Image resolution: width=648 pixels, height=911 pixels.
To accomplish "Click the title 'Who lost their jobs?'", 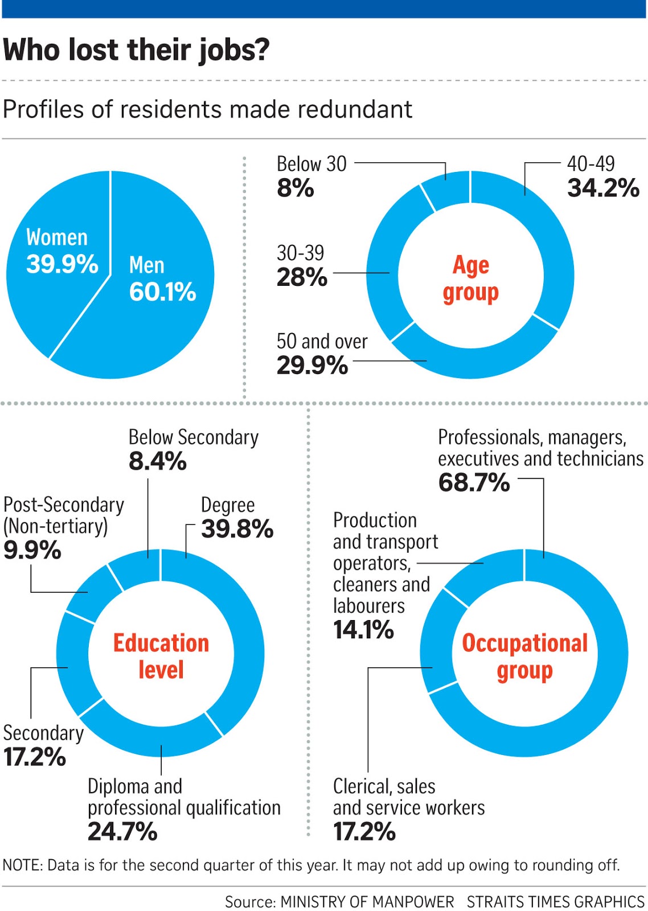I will point(136,50).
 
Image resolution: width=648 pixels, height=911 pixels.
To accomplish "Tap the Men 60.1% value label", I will point(162,292).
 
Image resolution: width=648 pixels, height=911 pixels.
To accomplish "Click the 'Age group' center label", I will point(470,278).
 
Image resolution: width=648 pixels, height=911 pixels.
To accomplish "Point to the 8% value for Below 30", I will point(295,188).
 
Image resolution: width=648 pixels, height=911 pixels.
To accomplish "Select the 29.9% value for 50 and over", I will point(312,366).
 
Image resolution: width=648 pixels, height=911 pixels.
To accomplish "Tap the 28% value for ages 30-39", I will point(302,278).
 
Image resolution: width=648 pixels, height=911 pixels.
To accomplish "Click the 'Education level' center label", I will point(161,656).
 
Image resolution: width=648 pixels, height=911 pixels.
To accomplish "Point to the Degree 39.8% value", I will point(237,529).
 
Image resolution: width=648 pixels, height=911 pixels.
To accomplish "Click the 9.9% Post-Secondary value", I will point(32,550).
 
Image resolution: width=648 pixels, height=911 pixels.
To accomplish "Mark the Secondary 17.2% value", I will point(34,757).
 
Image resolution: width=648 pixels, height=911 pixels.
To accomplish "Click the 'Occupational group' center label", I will point(524,656).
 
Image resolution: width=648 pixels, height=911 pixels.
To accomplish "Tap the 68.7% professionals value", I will point(474,483).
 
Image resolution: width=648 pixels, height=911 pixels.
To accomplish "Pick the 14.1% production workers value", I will point(363,630).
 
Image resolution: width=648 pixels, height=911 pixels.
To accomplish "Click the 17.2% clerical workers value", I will point(364,832).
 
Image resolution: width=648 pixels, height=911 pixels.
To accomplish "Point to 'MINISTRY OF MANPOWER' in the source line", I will point(367,902).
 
